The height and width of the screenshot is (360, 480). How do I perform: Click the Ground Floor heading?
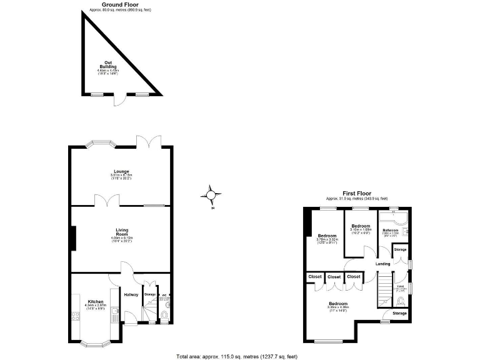coord(120,4)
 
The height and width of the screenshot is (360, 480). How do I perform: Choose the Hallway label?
coord(131,295)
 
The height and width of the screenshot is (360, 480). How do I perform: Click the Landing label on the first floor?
coord(382,264)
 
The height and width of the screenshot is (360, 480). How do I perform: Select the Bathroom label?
coord(391,231)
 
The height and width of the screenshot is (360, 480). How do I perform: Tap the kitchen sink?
coord(114,315)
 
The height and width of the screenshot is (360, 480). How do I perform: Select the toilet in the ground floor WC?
coord(164,314)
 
